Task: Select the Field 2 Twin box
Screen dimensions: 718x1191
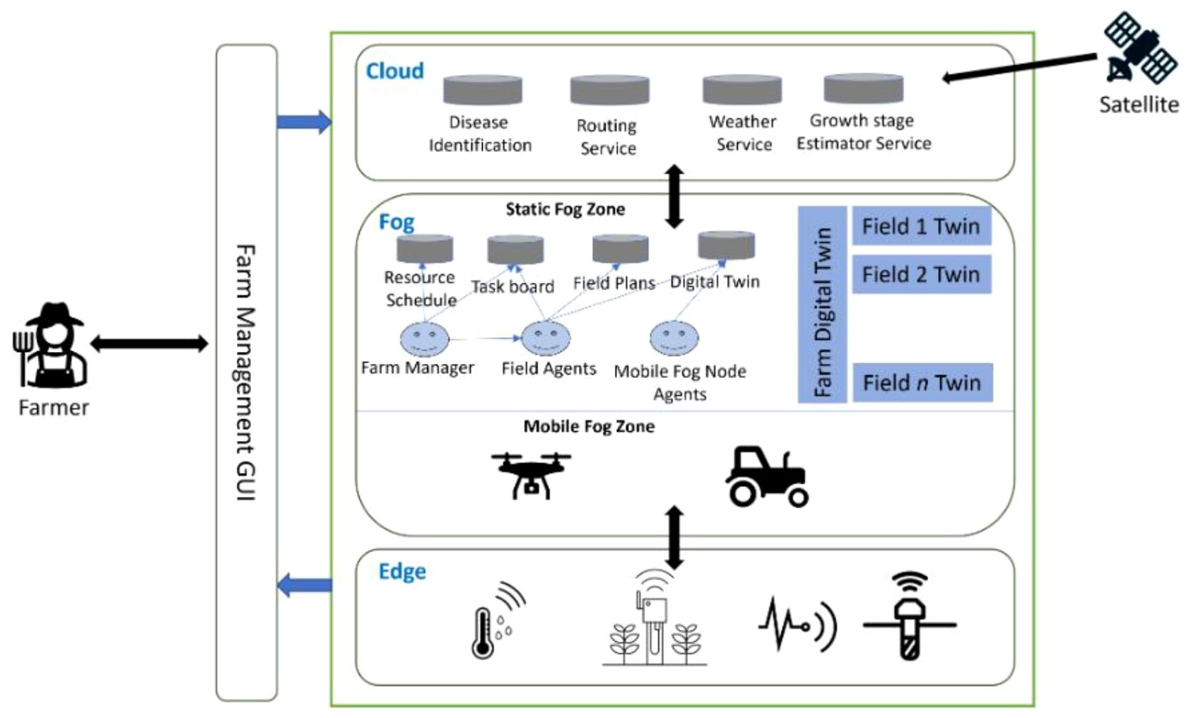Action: [921, 274]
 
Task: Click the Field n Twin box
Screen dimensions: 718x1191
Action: [922, 382]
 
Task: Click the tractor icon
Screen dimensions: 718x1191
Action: [767, 476]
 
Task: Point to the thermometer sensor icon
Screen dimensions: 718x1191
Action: [485, 632]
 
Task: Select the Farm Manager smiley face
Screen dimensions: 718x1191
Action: [424, 339]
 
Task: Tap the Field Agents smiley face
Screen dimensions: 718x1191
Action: [545, 339]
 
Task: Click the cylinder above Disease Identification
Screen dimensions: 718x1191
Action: [483, 90]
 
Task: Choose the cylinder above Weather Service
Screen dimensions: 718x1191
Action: [741, 90]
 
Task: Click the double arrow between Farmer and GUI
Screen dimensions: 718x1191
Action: [149, 344]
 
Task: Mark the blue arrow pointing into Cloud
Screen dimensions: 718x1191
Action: [304, 122]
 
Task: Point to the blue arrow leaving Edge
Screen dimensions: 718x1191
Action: [304, 585]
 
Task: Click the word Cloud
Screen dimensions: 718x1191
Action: [394, 71]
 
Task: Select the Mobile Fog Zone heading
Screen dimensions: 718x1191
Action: [589, 426]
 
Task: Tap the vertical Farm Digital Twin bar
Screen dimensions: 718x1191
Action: [822, 305]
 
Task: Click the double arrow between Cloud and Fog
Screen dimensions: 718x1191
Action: [674, 196]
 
